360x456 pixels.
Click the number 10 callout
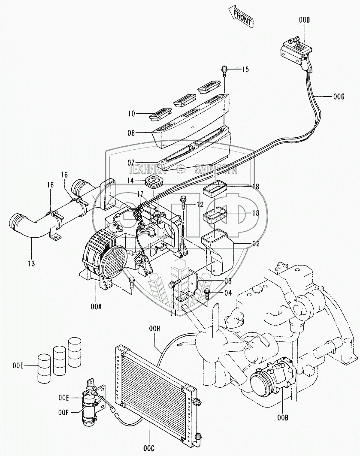(131, 114)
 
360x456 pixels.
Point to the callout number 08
(131, 133)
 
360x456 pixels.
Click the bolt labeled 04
(208, 293)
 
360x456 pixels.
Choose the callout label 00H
(155, 329)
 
